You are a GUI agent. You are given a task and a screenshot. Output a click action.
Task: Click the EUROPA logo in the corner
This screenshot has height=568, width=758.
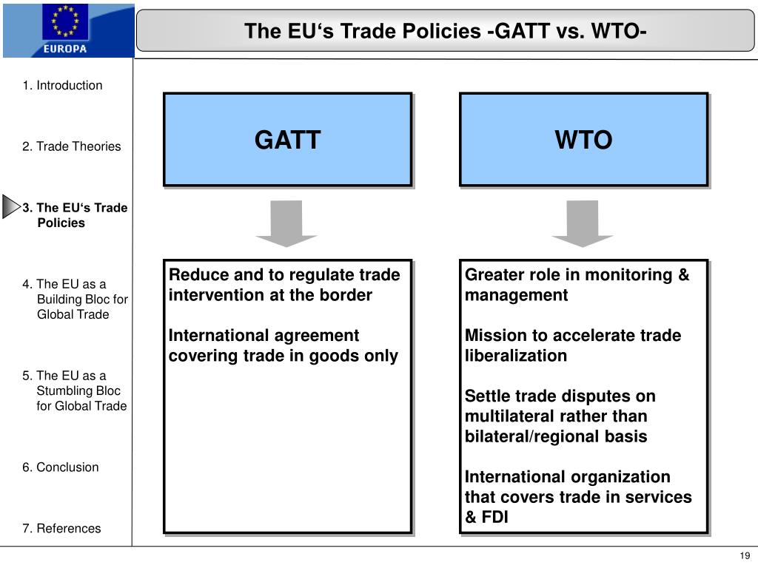pos(67,30)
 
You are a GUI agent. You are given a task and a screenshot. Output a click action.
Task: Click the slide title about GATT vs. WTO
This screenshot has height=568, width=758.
pos(446,31)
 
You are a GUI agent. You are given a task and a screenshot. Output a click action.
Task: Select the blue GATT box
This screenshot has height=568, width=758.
pos(287,139)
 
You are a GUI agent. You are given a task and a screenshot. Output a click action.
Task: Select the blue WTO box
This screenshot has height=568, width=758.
pos(583,139)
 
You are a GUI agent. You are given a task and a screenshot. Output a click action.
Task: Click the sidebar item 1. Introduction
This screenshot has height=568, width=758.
pos(62,85)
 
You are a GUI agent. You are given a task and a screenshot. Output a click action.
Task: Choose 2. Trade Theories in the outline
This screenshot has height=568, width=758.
pos(71,146)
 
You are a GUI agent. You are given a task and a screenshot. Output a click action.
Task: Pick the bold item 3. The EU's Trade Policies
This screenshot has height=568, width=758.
pos(74,215)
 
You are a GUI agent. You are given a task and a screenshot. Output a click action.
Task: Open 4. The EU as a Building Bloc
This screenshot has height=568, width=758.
pos(75,299)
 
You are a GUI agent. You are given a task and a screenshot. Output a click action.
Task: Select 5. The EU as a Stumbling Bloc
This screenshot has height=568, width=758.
pos(74,390)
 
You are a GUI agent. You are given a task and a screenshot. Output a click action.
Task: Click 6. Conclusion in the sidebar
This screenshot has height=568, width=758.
pos(60,467)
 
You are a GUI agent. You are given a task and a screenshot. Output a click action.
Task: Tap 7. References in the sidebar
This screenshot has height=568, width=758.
pos(61,529)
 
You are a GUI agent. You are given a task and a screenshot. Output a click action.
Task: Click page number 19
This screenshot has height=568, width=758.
pos(744,556)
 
